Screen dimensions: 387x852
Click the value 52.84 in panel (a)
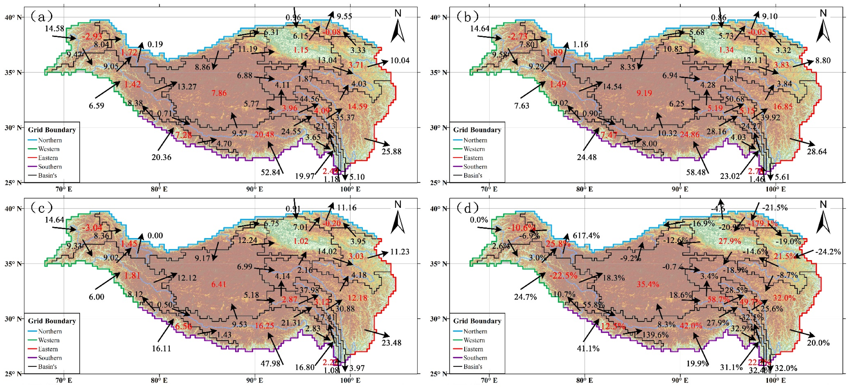coord(270,173)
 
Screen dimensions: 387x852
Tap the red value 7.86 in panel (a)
coord(219,93)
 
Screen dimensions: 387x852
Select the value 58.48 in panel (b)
coord(696,173)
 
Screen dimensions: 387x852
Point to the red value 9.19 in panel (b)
coord(644,93)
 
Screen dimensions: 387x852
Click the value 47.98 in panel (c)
coord(270,364)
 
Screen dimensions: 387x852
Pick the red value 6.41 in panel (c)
coord(219,284)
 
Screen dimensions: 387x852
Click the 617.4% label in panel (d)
coord(586,236)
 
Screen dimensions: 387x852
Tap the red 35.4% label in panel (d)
coord(648,284)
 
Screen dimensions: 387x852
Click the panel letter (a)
coord(41,16)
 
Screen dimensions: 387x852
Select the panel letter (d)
coord(467,208)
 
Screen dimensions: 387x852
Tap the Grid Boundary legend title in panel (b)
coord(477,130)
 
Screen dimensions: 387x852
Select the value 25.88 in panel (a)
coord(391,152)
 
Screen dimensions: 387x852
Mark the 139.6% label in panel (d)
coord(655,335)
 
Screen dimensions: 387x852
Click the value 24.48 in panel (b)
coord(587,157)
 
